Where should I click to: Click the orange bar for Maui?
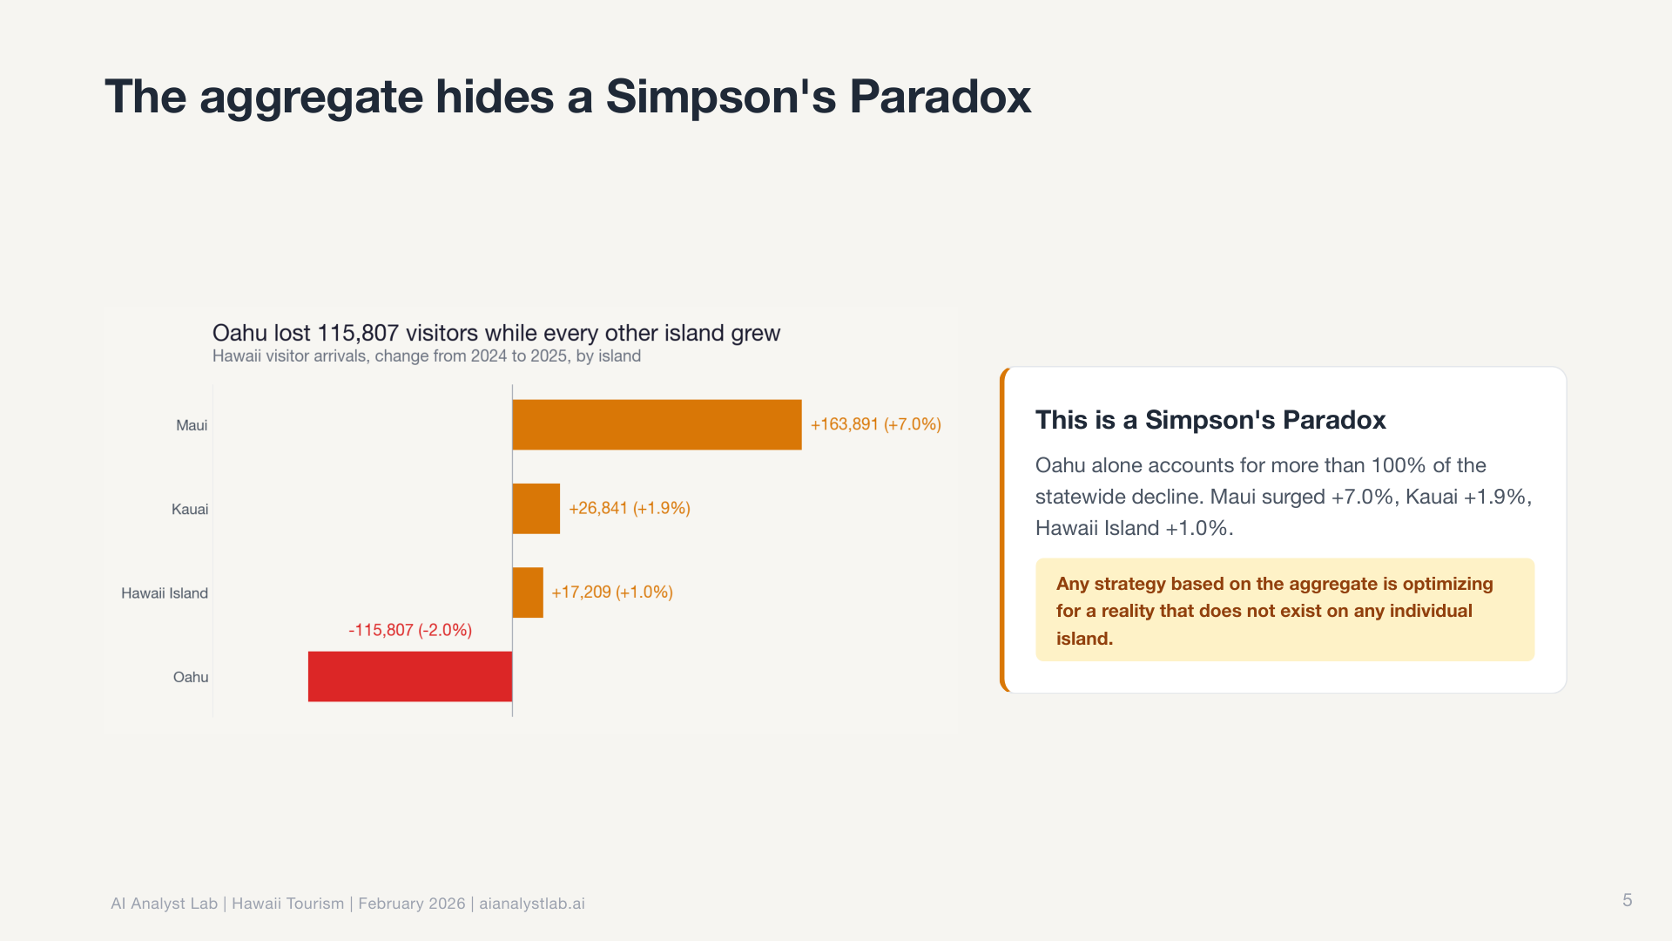pyautogui.click(x=657, y=424)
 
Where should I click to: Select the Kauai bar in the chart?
pyautogui.click(x=536, y=509)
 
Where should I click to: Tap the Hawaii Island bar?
pyautogui.click(x=528, y=592)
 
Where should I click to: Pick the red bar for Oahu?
pyautogui.click(x=410, y=676)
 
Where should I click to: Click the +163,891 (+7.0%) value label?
pyautogui.click(x=876, y=424)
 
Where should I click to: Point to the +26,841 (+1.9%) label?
pyautogui.click(x=630, y=508)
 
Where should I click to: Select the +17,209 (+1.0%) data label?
pyautogui.click(x=612, y=592)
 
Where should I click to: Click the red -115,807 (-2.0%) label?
pyautogui.click(x=410, y=630)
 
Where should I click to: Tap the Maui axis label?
pyautogui.click(x=192, y=425)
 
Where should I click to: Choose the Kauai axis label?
pyautogui.click(x=190, y=509)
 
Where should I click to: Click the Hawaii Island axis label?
pyautogui.click(x=165, y=593)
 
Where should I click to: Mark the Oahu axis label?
pyautogui.click(x=191, y=677)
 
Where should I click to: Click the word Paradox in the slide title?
pyautogui.click(x=940, y=96)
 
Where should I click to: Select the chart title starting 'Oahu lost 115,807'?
pyautogui.click(x=496, y=333)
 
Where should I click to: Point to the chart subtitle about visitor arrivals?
pyautogui.click(x=427, y=356)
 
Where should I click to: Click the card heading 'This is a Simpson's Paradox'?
pyautogui.click(x=1210, y=420)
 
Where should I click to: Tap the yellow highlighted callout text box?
pyautogui.click(x=1284, y=610)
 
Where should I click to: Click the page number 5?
pyautogui.click(x=1628, y=900)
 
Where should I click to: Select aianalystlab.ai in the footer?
pyautogui.click(x=532, y=904)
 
